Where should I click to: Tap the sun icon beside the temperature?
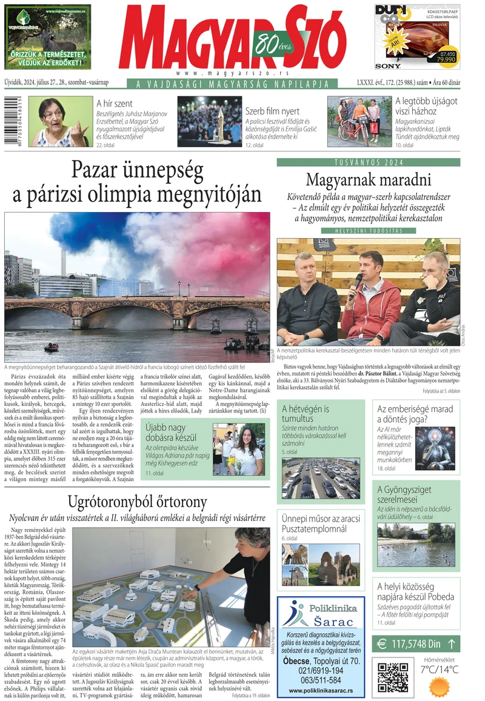click(440, 686)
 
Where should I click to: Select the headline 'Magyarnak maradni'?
click(368, 180)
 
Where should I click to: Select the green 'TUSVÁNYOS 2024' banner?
click(368, 162)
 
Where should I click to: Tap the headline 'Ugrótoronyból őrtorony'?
click(138, 502)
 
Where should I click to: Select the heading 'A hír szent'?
click(115, 104)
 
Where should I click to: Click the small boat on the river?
click(52, 348)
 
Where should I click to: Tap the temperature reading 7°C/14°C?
click(440, 669)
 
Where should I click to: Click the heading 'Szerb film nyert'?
click(272, 111)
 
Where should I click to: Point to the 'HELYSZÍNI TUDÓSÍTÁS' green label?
click(368, 231)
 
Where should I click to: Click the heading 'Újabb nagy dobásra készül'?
click(175, 433)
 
